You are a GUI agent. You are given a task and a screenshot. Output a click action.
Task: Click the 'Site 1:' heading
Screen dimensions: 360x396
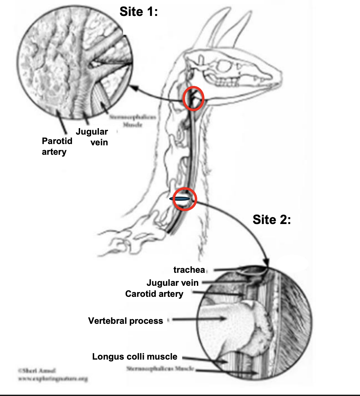138,12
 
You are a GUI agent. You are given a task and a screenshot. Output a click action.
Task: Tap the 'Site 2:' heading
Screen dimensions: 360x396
271,220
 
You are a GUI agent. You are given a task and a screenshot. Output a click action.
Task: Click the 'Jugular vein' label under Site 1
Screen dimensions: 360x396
92,137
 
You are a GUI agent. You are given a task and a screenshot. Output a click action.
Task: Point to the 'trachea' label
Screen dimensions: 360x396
189,270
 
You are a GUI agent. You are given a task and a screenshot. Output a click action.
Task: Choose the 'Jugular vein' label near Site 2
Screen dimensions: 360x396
172,283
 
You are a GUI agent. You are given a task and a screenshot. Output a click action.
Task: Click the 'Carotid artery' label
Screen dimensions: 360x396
154,294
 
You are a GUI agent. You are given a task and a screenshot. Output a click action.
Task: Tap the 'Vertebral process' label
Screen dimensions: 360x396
125,321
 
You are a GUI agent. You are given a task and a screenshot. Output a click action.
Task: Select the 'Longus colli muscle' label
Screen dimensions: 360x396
134,357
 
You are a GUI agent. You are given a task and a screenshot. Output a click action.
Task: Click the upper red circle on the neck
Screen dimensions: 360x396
193,98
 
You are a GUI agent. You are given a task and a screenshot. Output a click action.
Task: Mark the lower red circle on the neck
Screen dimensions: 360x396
185,199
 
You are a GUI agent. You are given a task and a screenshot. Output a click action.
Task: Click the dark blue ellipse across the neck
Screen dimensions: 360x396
179,198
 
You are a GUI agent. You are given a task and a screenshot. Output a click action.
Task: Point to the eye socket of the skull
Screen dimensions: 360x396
224,67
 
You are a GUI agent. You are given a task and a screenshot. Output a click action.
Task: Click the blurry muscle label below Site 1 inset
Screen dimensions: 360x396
132,121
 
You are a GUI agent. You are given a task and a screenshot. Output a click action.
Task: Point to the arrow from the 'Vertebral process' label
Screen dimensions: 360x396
199,319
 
